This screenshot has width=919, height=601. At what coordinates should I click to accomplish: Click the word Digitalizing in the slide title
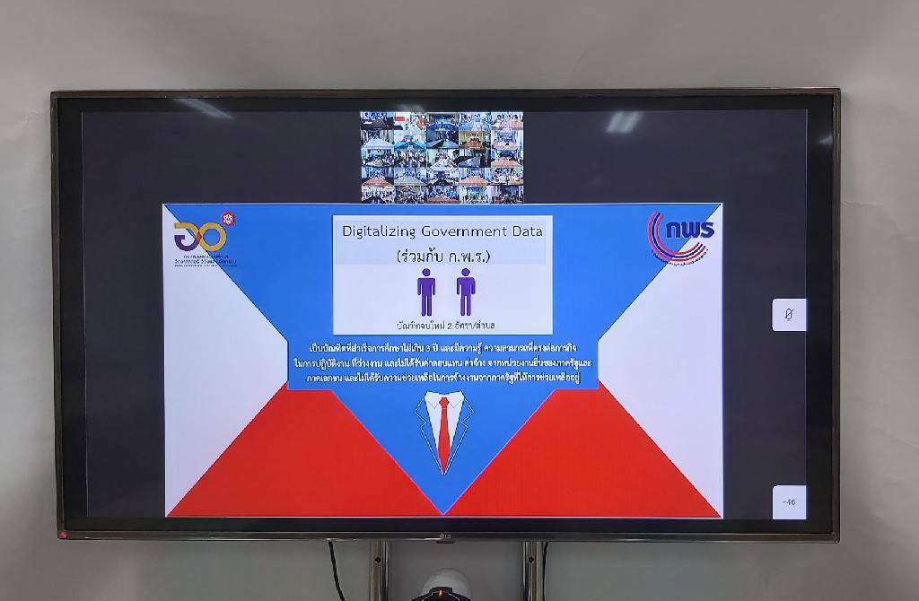click(376, 231)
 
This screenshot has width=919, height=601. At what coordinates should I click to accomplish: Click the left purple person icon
click(426, 292)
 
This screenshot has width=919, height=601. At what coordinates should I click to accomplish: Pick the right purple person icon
click(465, 292)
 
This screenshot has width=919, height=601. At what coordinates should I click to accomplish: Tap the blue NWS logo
click(681, 238)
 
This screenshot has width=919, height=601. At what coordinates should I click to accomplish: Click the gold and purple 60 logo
click(199, 237)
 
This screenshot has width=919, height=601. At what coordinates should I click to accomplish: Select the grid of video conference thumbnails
click(442, 157)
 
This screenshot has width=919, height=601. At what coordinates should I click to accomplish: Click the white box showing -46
click(789, 501)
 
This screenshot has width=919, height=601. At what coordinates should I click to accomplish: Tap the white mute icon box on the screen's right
click(789, 314)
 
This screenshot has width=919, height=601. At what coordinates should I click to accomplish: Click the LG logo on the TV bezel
click(442, 538)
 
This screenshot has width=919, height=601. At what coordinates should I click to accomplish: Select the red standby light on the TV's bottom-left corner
click(64, 536)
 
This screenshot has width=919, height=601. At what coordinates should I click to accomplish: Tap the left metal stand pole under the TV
click(382, 570)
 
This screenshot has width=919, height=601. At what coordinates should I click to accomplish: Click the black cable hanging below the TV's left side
click(337, 570)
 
